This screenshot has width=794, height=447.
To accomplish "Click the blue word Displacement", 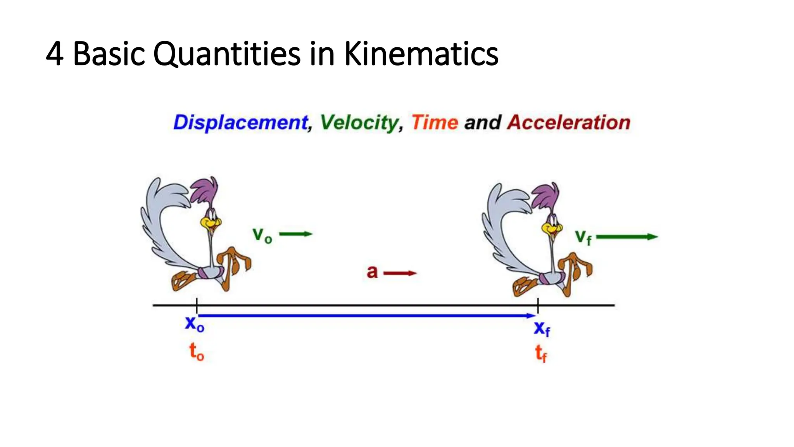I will pyautogui.click(x=240, y=123).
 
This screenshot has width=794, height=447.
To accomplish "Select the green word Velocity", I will pyautogui.click(x=359, y=123).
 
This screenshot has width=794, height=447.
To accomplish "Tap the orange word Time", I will pyautogui.click(x=435, y=123).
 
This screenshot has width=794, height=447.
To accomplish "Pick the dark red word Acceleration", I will pyautogui.click(x=569, y=123).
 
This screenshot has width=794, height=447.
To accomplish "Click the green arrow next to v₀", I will pyautogui.click(x=296, y=234).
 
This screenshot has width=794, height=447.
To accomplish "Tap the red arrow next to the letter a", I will pyautogui.click(x=400, y=273).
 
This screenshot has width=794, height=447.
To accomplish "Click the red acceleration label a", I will pyautogui.click(x=372, y=272).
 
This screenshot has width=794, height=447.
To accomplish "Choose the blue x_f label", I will pyautogui.click(x=542, y=329).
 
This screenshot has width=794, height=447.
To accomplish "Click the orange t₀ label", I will pyautogui.click(x=196, y=352).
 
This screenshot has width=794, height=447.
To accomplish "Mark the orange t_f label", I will pyautogui.click(x=541, y=353).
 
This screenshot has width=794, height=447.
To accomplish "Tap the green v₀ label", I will pyautogui.click(x=262, y=235).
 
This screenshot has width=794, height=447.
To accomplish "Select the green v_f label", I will pyautogui.click(x=583, y=237).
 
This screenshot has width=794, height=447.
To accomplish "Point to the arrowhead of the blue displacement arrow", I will pyautogui.click(x=532, y=316).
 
